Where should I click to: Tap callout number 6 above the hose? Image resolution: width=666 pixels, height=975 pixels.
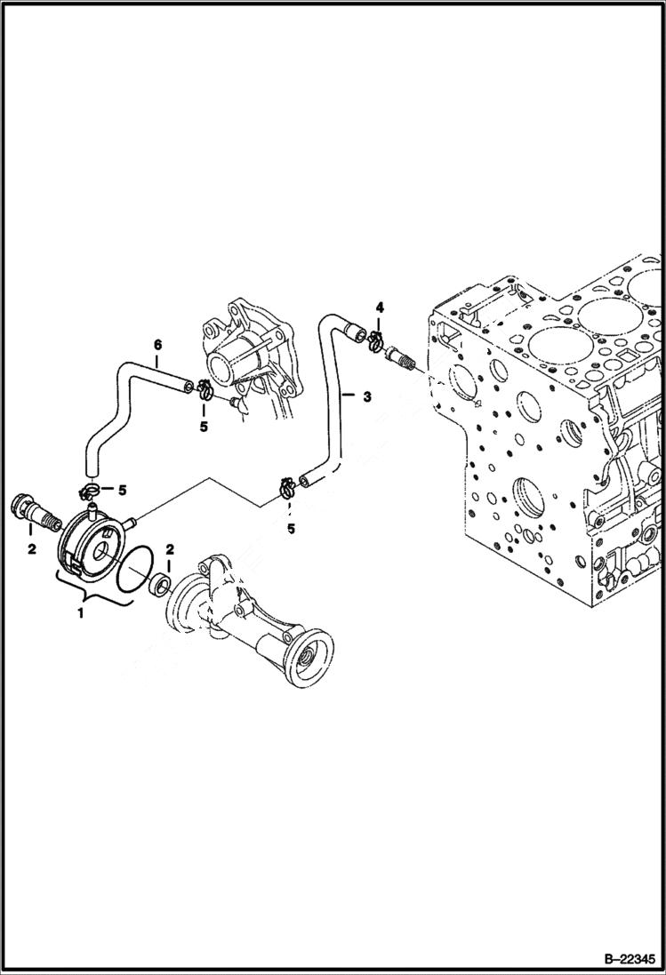[x=157, y=344]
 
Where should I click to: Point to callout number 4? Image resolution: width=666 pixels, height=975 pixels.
[x=380, y=308]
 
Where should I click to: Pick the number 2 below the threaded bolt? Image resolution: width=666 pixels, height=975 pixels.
[x=31, y=549]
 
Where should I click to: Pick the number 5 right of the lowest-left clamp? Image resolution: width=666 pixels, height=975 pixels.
[x=123, y=489]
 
